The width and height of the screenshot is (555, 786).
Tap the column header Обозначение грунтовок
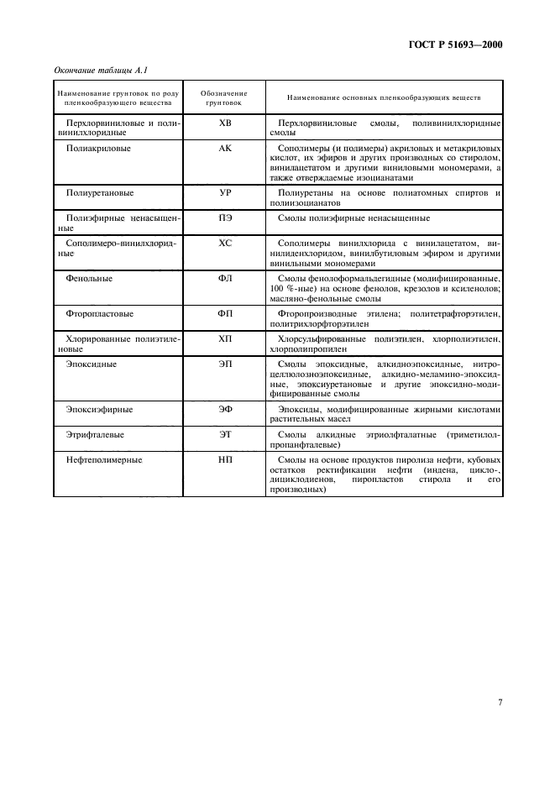click(x=224, y=97)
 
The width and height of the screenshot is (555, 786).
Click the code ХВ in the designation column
click(x=224, y=123)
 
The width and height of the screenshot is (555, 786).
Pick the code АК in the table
click(x=224, y=148)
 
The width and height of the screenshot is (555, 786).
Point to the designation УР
click(x=224, y=193)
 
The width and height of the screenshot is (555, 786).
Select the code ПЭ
click(x=224, y=217)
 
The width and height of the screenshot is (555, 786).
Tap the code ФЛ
click(x=224, y=278)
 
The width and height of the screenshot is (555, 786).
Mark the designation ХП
click(x=224, y=339)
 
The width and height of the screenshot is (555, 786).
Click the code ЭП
click(x=224, y=364)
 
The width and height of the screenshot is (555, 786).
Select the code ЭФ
click(x=224, y=410)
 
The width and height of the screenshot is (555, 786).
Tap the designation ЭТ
click(x=224, y=435)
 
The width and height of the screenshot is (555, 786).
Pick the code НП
click(x=224, y=460)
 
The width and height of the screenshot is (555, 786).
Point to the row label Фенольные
click(x=89, y=278)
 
